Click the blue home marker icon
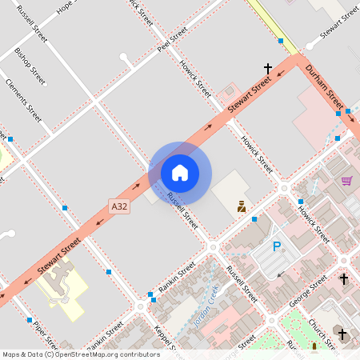pos(180,172)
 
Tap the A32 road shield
pos(119,206)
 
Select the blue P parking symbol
pos(278,247)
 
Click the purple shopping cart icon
pos(346,181)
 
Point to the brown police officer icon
pos(241,206)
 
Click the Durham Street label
pos(324,88)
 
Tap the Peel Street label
pos(172,39)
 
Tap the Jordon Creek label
pos(205,308)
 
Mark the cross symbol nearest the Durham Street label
pos(268,70)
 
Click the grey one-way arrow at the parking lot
pos(281,274)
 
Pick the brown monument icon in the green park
pos(314,347)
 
